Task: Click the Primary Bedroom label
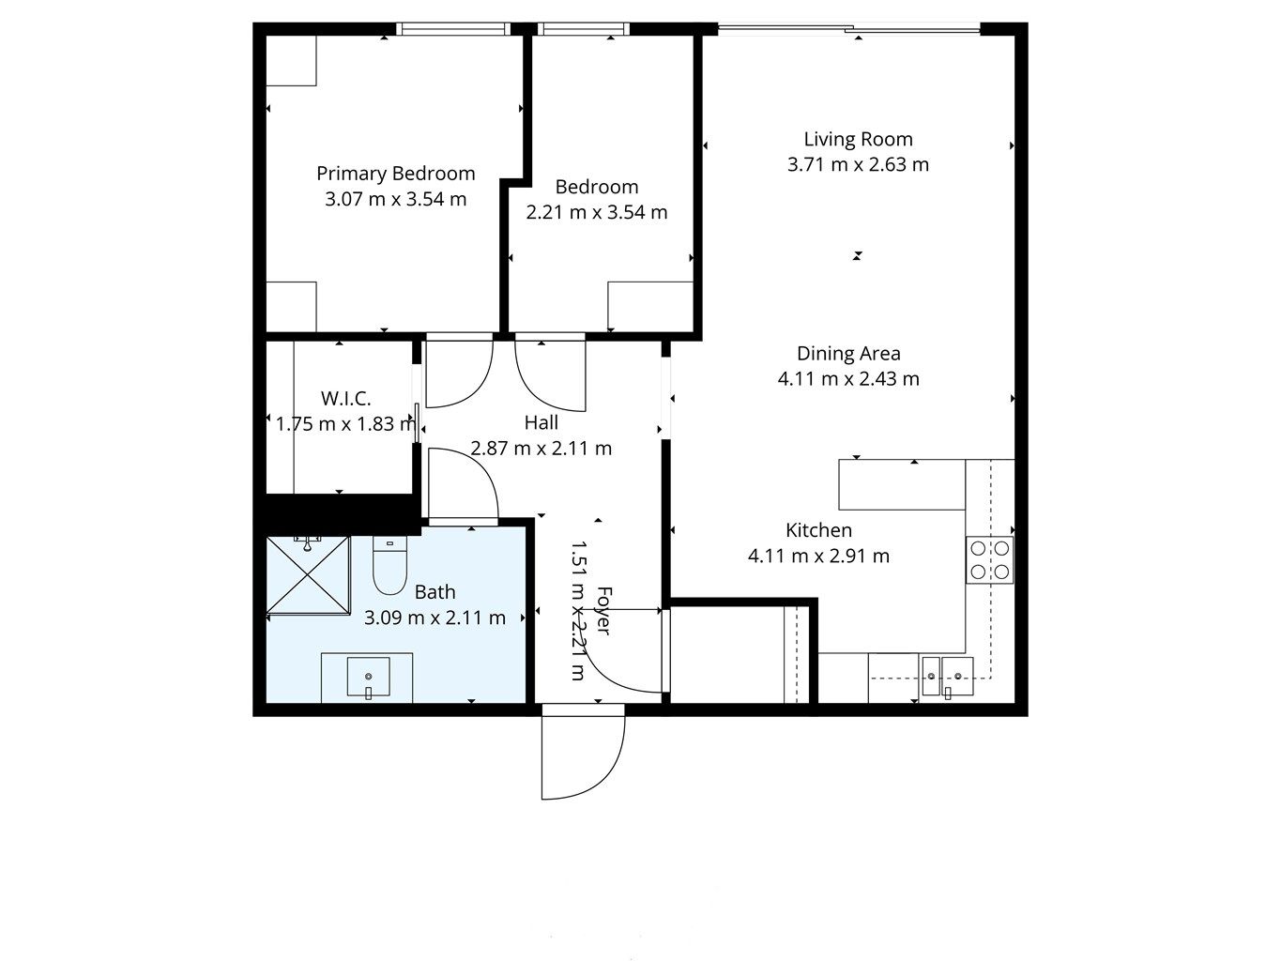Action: [x=396, y=174]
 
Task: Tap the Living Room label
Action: [x=858, y=140]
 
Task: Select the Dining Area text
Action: [x=848, y=354]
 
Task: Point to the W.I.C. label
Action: [x=345, y=399]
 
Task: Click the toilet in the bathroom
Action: [x=389, y=565]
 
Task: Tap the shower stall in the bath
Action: [x=308, y=575]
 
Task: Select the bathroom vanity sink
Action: [x=368, y=677]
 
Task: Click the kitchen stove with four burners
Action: [x=990, y=559]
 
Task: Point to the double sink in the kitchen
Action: [x=947, y=677]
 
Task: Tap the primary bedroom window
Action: [x=453, y=28]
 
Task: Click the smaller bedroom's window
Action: [x=584, y=28]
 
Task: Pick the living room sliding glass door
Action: [x=849, y=27]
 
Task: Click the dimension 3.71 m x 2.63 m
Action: [x=858, y=165]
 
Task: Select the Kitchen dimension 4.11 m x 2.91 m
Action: [x=818, y=557]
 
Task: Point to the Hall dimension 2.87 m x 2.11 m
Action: [x=541, y=449]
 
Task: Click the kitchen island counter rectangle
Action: [x=902, y=485]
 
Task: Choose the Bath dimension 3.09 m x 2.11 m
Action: [x=435, y=618]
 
